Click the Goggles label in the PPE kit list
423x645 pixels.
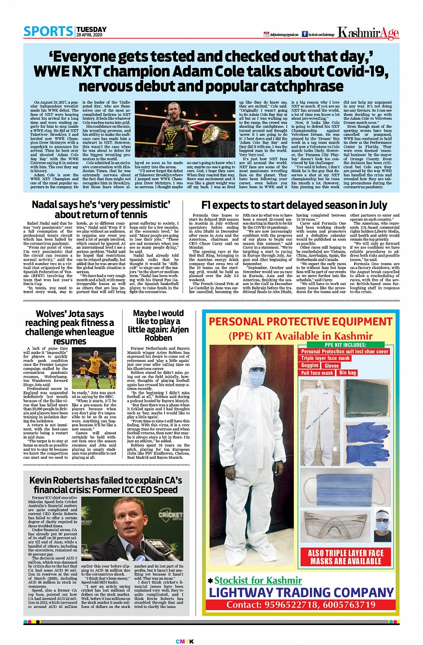click(x=310, y=365)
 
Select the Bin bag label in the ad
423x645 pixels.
click(x=348, y=372)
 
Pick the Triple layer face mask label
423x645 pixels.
click(x=326, y=358)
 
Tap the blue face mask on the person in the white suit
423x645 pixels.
click(x=256, y=378)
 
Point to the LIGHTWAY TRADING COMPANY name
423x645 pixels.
click(x=301, y=593)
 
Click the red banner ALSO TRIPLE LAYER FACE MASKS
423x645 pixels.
click(x=346, y=556)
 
